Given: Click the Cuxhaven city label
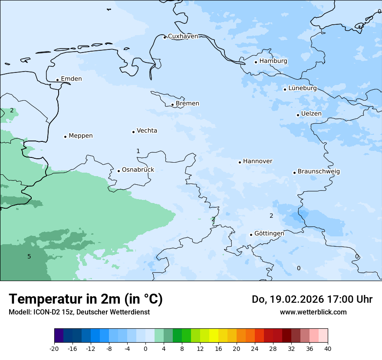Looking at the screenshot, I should coord(183,36).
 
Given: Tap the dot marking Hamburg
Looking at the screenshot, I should coord(256,62).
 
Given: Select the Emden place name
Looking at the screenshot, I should coord(71,79).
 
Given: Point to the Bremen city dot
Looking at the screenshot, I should coord(172,105).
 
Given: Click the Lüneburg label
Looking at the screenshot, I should coord(303,88).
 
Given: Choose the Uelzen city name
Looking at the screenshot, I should coord(311,114).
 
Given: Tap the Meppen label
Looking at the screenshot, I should coord(81,136).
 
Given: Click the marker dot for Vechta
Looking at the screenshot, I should coord(133,132).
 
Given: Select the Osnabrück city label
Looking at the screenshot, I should coord(138,170).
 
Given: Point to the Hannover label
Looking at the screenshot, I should coord(257,161).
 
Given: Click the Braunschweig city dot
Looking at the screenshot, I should coord(294,173).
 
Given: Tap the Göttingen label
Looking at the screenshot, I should coord(269,233).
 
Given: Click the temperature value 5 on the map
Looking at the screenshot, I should coord(29,256).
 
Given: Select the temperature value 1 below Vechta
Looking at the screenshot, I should coord(138,151).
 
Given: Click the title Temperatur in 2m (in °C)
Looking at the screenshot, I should coord(86,299).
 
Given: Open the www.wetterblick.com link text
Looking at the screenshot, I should coord(313,312).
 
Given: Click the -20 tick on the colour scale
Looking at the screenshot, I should coord(54,349).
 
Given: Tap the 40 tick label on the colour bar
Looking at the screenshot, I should coord(328,349).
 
